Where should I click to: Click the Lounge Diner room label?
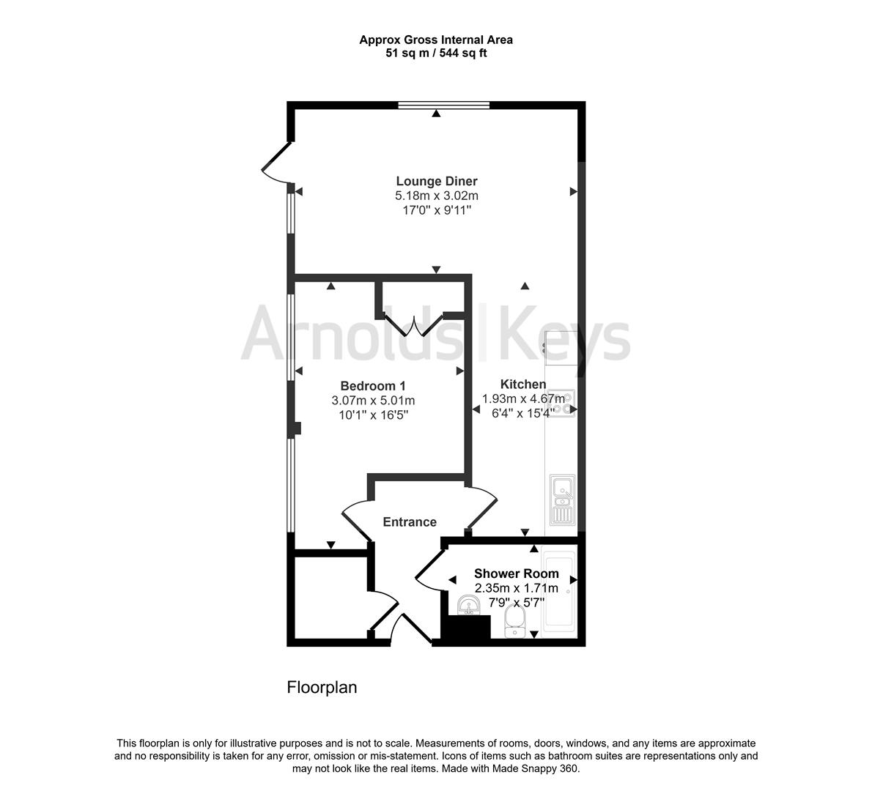coord(436,181)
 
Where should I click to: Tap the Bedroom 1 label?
coord(373,386)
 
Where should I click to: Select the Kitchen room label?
coord(522,384)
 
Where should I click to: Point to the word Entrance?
coord(410,521)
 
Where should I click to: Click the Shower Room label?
coord(516,573)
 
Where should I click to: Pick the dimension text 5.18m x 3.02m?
coord(436,196)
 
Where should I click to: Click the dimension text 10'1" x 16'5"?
coord(373,415)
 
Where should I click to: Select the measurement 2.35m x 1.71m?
coord(516,588)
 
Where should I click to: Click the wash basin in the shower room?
coord(468,605)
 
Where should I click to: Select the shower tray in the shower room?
coord(562,590)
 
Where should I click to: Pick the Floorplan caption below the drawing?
coord(322,688)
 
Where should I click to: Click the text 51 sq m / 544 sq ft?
coord(436,53)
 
